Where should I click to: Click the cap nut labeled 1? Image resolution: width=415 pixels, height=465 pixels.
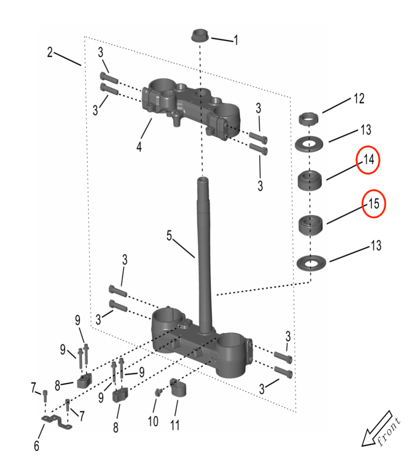coord(200,35)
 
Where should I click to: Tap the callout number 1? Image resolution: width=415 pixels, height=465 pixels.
coord(236,40)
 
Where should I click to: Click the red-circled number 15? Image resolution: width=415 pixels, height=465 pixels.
coord(374,203)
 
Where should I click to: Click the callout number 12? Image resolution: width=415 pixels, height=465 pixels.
coord(359,99)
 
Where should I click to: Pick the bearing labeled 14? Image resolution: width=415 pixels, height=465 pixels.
coord(310,179)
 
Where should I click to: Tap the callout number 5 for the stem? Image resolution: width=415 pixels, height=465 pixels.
coord(169,236)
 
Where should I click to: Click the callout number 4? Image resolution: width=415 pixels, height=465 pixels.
coord(139,147)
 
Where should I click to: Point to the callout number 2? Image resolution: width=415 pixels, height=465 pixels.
coord(50,52)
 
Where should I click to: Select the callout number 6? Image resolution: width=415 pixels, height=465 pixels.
coord(36,446)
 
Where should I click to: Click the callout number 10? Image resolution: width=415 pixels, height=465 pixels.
coord(153,421)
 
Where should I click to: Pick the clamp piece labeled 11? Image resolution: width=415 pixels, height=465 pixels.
coord(178,387)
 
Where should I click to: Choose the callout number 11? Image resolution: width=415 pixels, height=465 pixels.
coord(175,425)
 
